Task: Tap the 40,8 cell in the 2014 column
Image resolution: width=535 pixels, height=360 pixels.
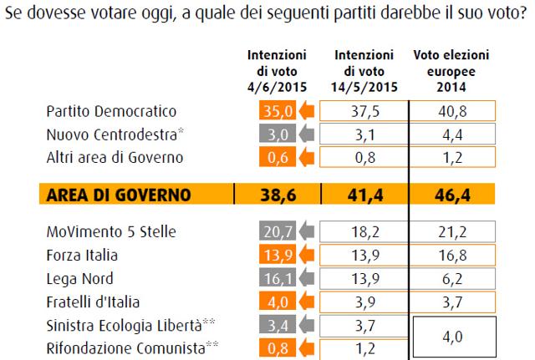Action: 452,110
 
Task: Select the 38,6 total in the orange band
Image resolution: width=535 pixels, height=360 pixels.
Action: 277,195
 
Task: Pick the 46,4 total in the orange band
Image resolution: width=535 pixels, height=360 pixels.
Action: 452,195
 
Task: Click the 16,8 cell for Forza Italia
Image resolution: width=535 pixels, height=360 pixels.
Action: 452,254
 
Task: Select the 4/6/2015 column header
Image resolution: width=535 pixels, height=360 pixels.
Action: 277,70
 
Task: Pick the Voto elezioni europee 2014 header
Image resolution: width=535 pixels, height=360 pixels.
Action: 452,70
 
